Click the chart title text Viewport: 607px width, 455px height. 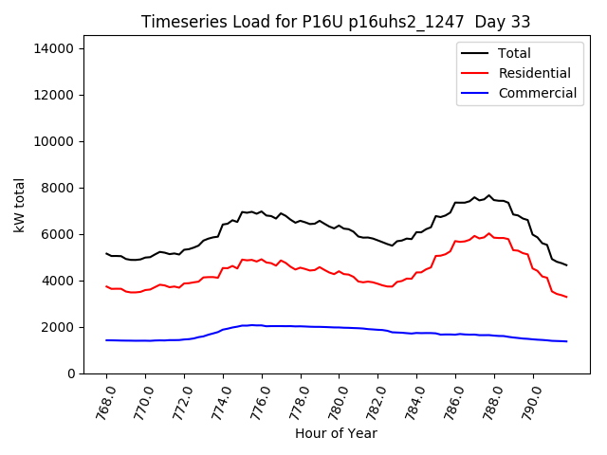(336, 22)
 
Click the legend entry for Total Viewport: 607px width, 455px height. (514, 53)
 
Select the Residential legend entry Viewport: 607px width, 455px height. (534, 73)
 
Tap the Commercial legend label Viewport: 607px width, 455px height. (537, 93)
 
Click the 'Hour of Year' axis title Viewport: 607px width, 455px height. (336, 433)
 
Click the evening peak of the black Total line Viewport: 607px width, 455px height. (489, 196)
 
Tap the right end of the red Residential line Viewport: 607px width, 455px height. (566, 297)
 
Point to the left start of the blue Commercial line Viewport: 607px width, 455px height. (106, 340)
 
